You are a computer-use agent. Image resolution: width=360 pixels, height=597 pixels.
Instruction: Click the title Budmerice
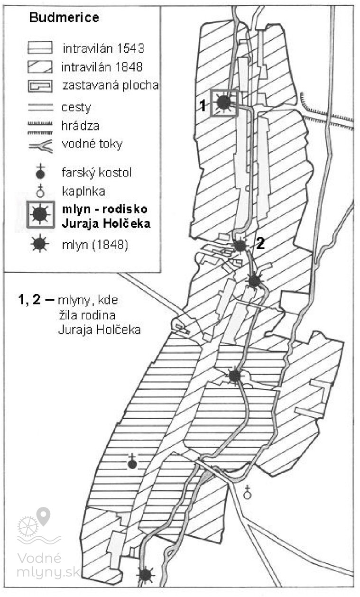[64, 18]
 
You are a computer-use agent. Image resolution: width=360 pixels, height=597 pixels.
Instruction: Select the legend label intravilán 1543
[103, 48]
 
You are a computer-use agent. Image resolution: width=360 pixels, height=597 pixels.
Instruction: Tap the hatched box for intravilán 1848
[40, 67]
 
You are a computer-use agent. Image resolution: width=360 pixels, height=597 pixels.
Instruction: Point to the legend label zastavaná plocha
[111, 85]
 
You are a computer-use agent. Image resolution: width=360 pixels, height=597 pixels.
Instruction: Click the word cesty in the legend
[76, 108]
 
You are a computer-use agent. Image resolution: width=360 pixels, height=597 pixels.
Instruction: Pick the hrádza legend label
[80, 126]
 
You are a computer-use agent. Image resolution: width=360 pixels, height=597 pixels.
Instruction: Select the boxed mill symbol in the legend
[40, 214]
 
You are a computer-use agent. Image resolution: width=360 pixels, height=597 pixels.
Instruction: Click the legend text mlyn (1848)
[95, 245]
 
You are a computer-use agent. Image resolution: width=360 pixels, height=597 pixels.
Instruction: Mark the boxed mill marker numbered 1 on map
[224, 102]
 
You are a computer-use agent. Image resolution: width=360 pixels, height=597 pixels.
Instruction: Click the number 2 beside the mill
[260, 243]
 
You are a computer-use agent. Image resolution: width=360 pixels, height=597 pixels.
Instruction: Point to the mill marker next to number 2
[240, 245]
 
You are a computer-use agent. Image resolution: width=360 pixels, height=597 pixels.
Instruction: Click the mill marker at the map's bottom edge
[146, 575]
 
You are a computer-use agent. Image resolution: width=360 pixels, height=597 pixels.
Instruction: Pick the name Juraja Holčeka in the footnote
[100, 330]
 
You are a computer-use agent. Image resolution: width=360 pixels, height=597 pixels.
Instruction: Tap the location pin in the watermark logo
[43, 516]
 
